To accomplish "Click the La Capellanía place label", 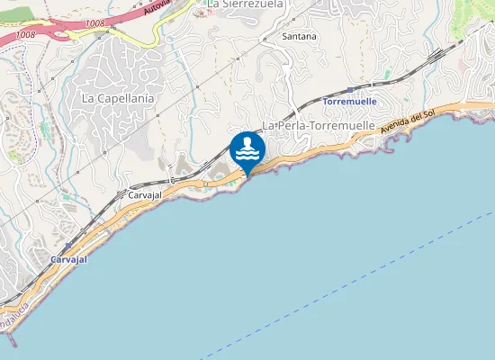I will [x=118, y=97].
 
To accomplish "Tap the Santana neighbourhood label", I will [x=299, y=37].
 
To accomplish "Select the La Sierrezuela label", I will [x=245, y=4].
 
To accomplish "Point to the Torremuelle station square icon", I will [x=349, y=90].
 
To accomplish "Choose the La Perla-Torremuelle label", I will [x=318, y=125].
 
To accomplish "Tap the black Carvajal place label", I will [x=145, y=194].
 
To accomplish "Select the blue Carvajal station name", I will [x=68, y=258].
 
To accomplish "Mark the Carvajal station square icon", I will [x=67, y=245].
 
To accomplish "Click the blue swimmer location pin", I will [x=247, y=149].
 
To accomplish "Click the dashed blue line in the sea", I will [x=360, y=279].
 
